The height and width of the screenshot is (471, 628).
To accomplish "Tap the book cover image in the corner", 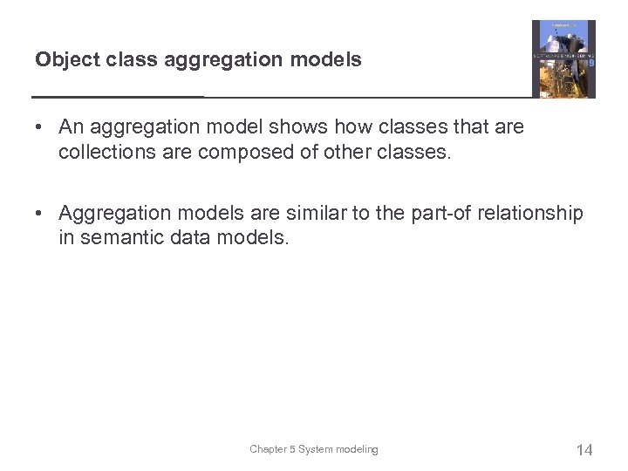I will (563, 59).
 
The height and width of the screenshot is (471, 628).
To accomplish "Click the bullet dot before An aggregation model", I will (40, 127).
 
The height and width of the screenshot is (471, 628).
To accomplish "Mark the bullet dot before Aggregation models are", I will (40, 214).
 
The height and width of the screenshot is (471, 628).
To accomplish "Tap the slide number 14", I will (584, 450).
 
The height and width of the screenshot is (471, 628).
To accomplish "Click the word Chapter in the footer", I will (268, 449).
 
